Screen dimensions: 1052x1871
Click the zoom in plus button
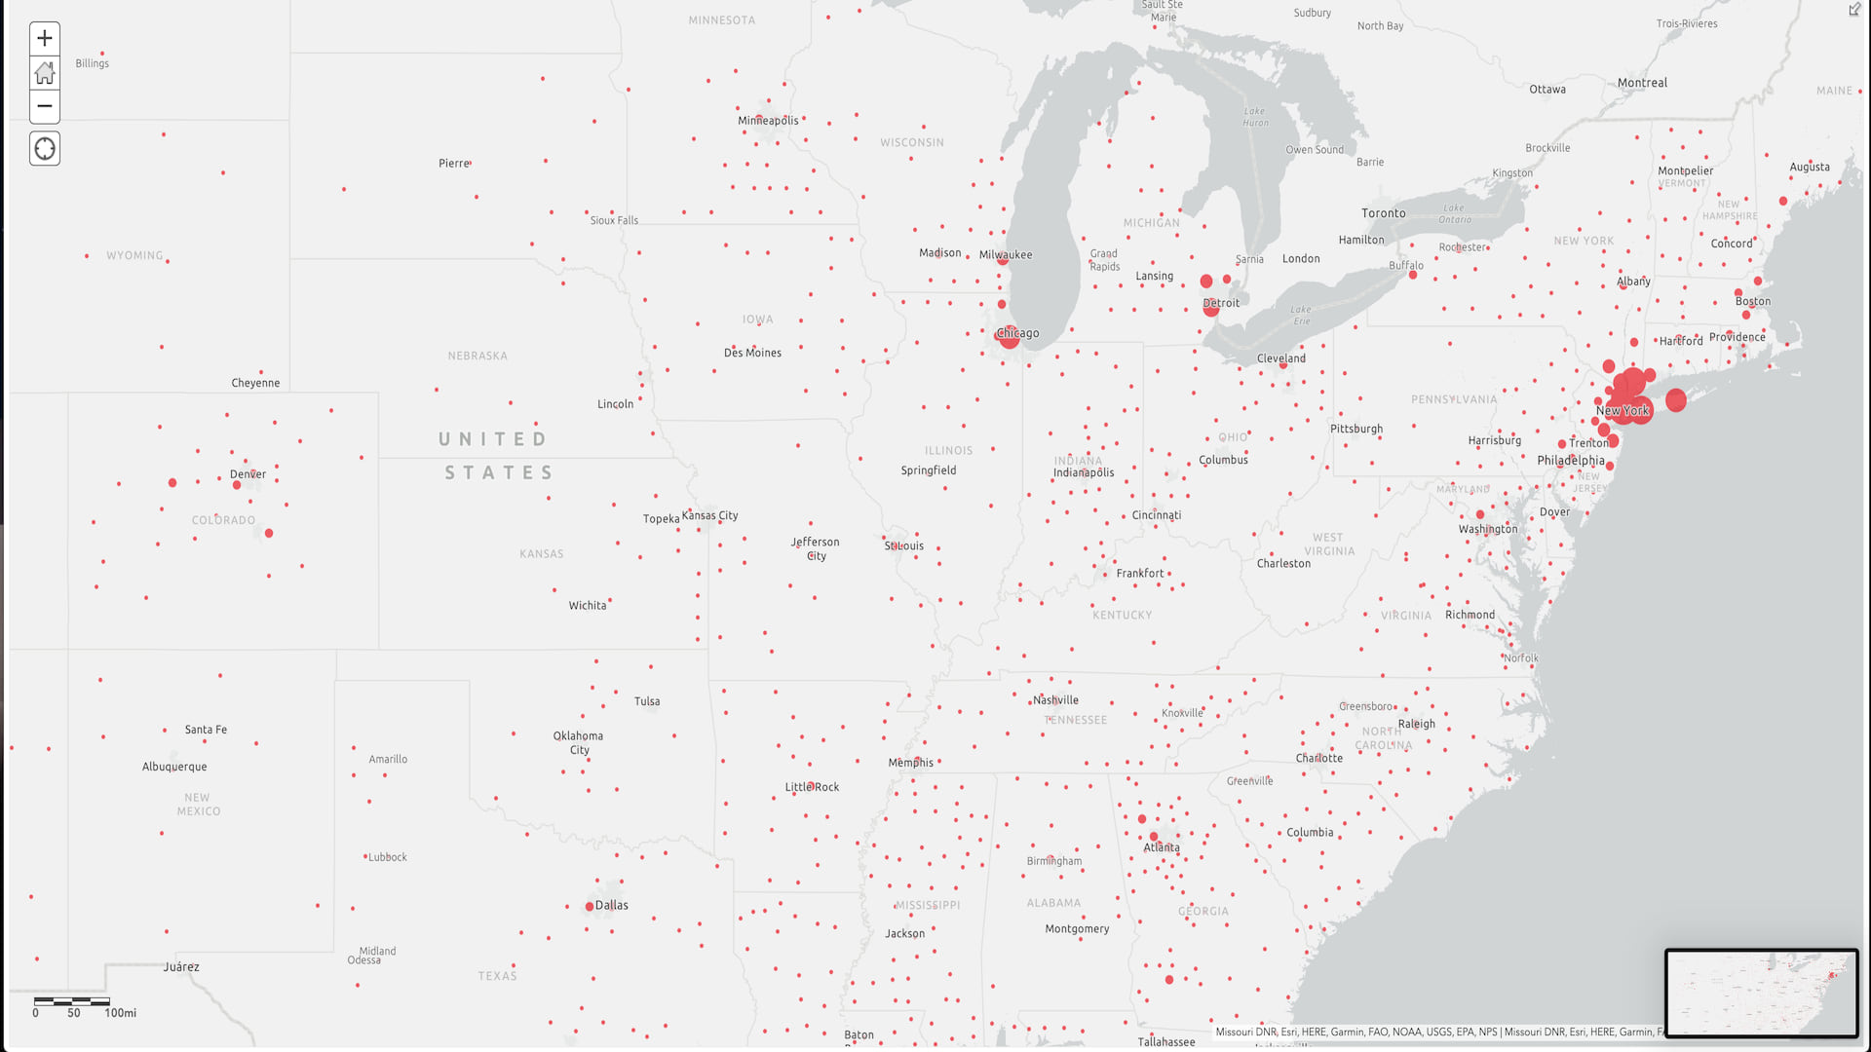pyautogui.click(x=45, y=39)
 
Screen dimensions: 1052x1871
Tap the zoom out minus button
pyautogui.click(x=45, y=106)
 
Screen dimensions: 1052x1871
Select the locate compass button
pyautogui.click(x=45, y=149)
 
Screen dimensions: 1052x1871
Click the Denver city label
pyautogui.click(x=248, y=474)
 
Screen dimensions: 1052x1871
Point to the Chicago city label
pyautogui.click(x=1017, y=333)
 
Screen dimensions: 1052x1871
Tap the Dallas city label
pyautogui.click(x=611, y=905)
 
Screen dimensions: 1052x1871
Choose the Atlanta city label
pyautogui.click(x=1162, y=847)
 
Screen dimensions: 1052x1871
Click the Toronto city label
pyautogui.click(x=1384, y=213)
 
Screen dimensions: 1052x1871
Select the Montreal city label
pyautogui.click(x=1642, y=83)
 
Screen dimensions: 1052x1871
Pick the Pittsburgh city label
pyautogui.click(x=1356, y=429)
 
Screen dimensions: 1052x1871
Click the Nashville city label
pyautogui.click(x=1056, y=700)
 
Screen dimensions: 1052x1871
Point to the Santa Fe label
pyautogui.click(x=206, y=730)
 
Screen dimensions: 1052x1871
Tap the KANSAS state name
pyautogui.click(x=542, y=554)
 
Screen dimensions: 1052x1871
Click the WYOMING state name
pyautogui.click(x=134, y=255)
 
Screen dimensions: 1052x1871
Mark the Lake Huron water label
pyautogui.click(x=1256, y=117)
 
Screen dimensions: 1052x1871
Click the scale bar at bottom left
pyautogui.click(x=72, y=1001)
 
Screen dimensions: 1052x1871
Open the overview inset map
pyautogui.click(x=1761, y=993)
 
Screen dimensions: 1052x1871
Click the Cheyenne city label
pyautogui.click(x=255, y=383)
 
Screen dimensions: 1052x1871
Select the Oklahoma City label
pyautogui.click(x=579, y=742)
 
